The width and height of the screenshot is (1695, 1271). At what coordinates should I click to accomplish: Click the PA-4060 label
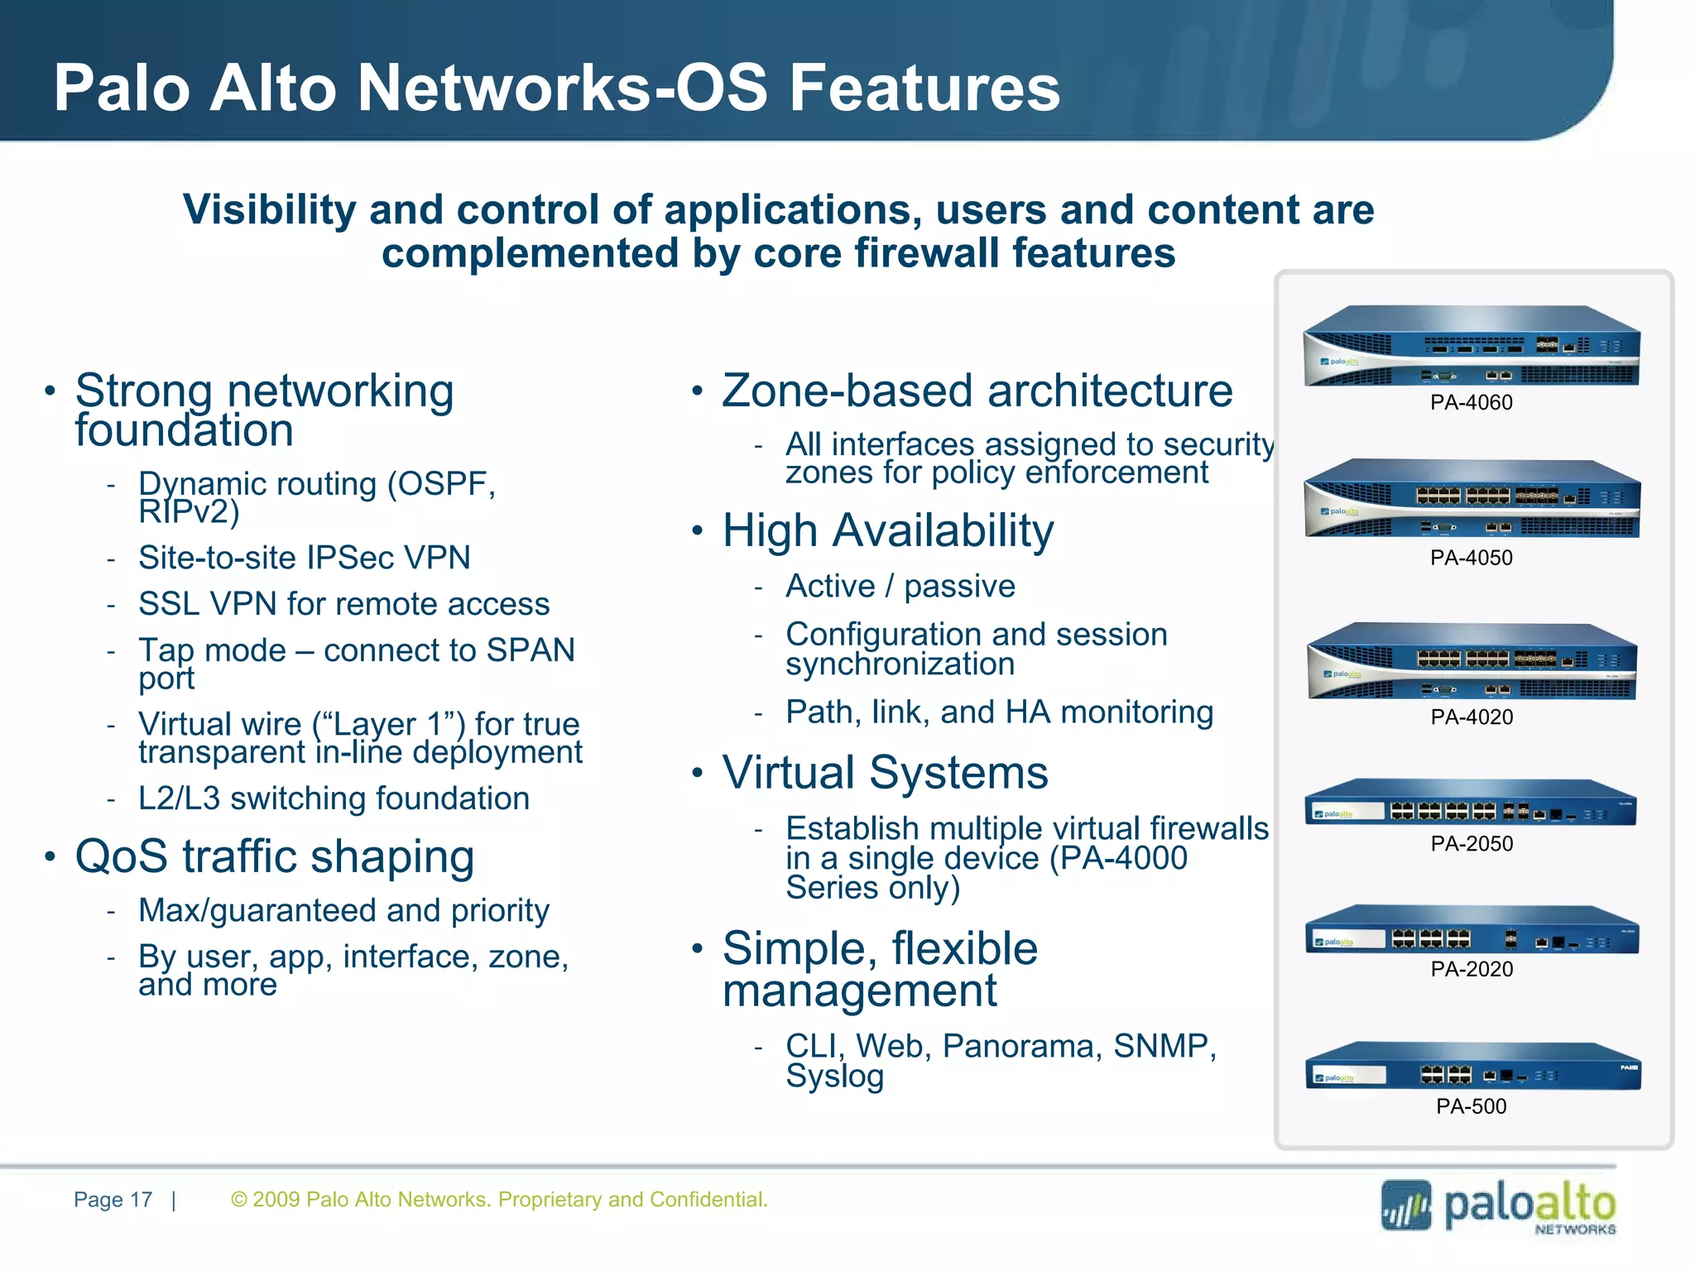[x=1471, y=403]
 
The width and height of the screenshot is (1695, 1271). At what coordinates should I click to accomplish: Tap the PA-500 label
[x=1471, y=1106]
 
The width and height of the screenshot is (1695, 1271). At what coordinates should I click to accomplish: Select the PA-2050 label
[x=1472, y=844]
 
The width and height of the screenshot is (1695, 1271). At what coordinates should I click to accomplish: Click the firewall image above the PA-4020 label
[x=1472, y=662]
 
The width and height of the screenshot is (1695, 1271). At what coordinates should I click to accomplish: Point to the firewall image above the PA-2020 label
[x=1472, y=930]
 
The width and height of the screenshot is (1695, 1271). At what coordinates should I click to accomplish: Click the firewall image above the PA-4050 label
[x=1472, y=499]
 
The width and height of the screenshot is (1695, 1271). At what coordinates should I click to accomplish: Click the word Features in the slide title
[x=924, y=89]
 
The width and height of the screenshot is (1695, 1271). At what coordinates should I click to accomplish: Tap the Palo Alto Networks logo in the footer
[x=1498, y=1206]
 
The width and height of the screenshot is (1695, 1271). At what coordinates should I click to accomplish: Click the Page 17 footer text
[x=113, y=1200]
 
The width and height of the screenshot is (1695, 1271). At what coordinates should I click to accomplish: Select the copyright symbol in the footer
[x=239, y=1200]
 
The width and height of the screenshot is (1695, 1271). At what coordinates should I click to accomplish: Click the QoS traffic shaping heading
[x=274, y=856]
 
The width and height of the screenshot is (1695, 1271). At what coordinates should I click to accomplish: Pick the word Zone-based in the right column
[x=846, y=391]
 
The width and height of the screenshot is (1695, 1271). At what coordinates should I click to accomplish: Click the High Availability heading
[x=887, y=530]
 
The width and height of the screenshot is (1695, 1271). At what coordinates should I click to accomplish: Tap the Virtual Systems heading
[x=885, y=773]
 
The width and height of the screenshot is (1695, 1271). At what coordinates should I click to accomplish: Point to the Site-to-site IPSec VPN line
[x=304, y=558]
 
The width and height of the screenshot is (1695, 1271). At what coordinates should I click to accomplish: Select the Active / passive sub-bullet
[x=900, y=587]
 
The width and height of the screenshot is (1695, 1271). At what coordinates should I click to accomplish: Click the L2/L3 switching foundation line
[x=334, y=799]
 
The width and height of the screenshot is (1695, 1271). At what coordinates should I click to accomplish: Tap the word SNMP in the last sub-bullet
[x=1163, y=1047]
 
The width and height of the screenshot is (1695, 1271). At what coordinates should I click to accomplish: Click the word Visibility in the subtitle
[x=269, y=210]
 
